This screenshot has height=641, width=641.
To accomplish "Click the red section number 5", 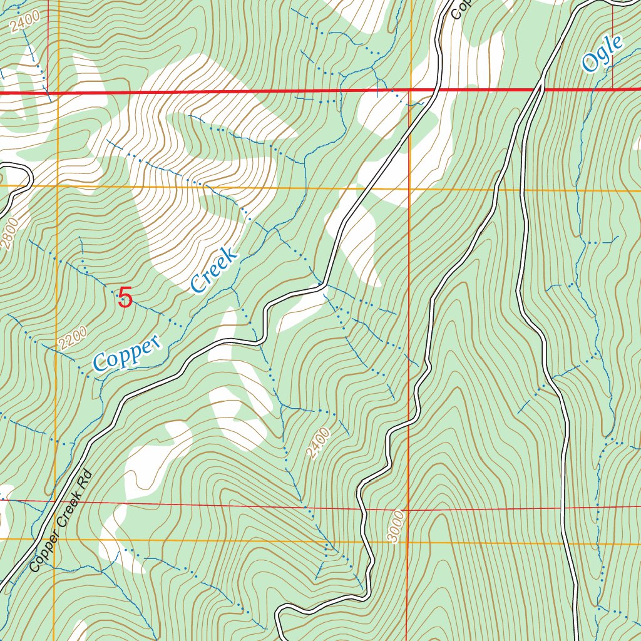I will (x=125, y=297).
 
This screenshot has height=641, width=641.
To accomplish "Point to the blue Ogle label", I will (x=602, y=53).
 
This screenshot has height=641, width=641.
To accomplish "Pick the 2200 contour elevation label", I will (x=70, y=339).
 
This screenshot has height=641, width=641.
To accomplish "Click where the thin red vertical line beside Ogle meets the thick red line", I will (x=612, y=89).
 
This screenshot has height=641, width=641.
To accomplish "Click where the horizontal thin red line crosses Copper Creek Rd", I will (x=54, y=500).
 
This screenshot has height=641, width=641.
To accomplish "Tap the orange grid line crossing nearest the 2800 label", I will (x=56, y=186).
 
